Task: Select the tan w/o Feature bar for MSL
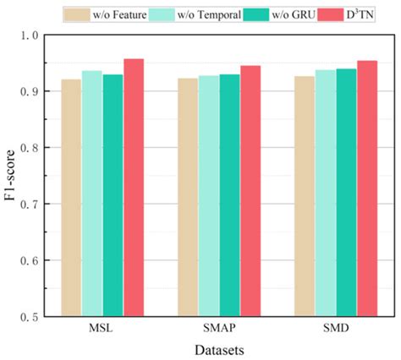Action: point(70,198)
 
